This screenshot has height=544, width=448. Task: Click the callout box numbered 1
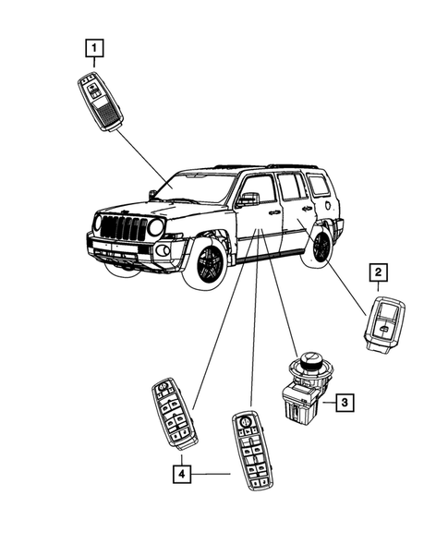[x=94, y=45]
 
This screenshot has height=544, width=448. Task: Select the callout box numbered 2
[x=378, y=272]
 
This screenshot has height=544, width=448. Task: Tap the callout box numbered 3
[x=342, y=402]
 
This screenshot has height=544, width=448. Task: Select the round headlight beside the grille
[x=156, y=227]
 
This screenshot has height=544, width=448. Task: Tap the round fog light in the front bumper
[x=163, y=250]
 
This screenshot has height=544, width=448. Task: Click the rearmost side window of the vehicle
[x=319, y=185]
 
